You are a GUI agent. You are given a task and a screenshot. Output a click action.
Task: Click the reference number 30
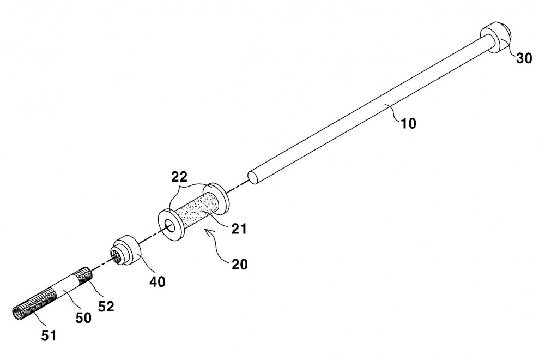[524, 58]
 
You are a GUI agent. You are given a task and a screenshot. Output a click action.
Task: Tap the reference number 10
[408, 123]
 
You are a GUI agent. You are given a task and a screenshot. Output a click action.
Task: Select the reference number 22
[179, 177]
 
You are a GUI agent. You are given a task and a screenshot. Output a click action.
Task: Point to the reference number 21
[239, 229]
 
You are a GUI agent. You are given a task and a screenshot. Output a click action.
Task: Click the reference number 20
[239, 265]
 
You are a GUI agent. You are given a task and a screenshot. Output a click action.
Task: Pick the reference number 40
[157, 281]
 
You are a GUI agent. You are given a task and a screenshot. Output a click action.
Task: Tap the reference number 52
[106, 306]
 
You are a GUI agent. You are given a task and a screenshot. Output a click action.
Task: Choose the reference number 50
[83, 317]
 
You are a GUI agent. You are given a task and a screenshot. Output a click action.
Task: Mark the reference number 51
[49, 335]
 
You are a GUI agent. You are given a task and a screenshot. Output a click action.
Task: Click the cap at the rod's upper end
[496, 37]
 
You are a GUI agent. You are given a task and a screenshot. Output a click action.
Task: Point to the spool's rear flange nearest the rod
[217, 197]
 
